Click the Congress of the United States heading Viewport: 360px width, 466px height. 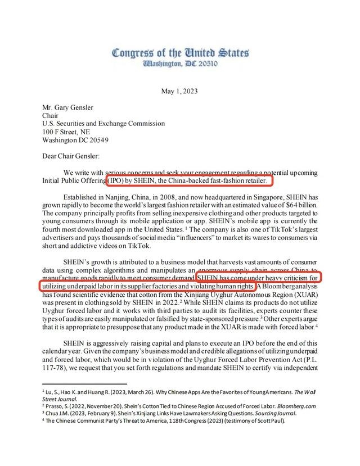[x=180, y=54]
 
